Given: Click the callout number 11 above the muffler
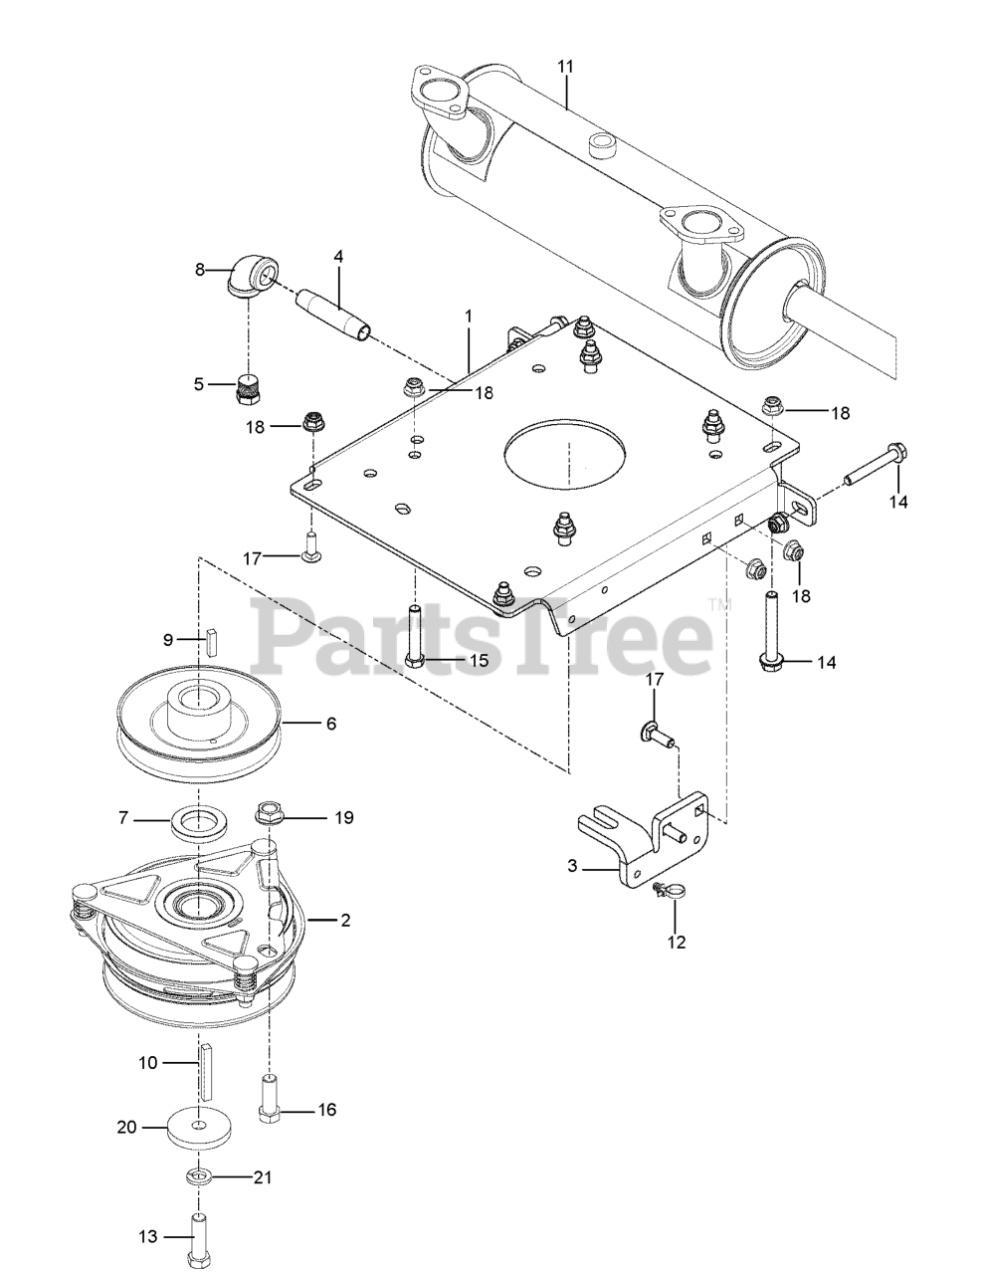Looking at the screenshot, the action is pos(565,67).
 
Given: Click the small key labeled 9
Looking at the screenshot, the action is pos(211,638).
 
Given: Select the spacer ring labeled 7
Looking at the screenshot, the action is pos(201,822).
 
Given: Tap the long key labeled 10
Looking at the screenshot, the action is pos(205,1067).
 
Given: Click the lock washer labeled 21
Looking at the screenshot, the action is pos(200,1177).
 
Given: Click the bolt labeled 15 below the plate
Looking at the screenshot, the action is pos(415,637).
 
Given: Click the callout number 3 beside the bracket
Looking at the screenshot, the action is pos(572,866).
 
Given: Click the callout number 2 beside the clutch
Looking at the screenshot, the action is pos(344,920).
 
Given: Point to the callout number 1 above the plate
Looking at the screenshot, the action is pos(468,315).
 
